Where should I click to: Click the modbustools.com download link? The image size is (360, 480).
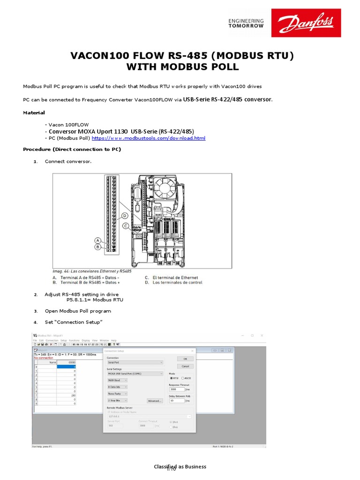[149, 138]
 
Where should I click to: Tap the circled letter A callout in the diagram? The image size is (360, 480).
[98, 240]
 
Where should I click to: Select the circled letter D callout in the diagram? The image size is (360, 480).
[125, 216]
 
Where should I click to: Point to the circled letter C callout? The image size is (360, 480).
[126, 225]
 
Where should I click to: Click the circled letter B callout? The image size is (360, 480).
[98, 247]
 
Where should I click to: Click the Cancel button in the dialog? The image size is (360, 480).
[185, 366]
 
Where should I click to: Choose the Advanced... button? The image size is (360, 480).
[154, 401]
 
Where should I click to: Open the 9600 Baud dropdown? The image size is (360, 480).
[117, 380]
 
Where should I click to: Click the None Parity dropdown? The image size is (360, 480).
[117, 394]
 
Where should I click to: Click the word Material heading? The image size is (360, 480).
[34, 112]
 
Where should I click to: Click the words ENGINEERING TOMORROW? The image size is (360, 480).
[246, 23]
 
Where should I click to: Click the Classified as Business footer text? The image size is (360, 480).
[180, 467]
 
